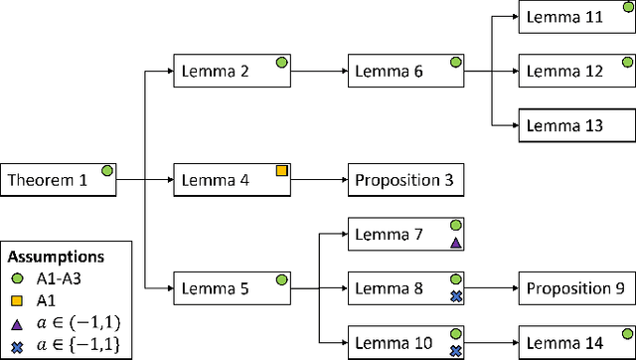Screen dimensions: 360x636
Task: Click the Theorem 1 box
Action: pos(58,181)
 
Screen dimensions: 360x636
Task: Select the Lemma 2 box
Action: pos(232,72)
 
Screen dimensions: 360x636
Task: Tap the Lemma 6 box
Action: pos(405,72)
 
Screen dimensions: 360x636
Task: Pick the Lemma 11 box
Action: pos(577,18)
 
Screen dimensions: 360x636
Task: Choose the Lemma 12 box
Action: pos(577,72)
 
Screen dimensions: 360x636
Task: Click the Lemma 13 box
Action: pos(577,125)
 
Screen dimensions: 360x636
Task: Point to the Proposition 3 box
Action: pos(405,181)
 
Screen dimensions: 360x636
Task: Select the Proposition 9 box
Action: pos(577,289)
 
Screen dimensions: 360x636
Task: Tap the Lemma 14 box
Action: pos(577,343)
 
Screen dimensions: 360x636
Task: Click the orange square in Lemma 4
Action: pos(281,171)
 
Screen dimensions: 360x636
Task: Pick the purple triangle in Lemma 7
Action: pos(455,243)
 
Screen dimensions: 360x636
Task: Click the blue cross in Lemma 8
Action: pos(455,296)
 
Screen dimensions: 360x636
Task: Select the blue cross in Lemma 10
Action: pos(455,350)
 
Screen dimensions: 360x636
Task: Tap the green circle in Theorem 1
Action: pos(107,171)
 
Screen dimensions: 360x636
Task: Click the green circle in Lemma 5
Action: pos(281,279)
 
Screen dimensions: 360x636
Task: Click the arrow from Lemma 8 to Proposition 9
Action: pos(492,289)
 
